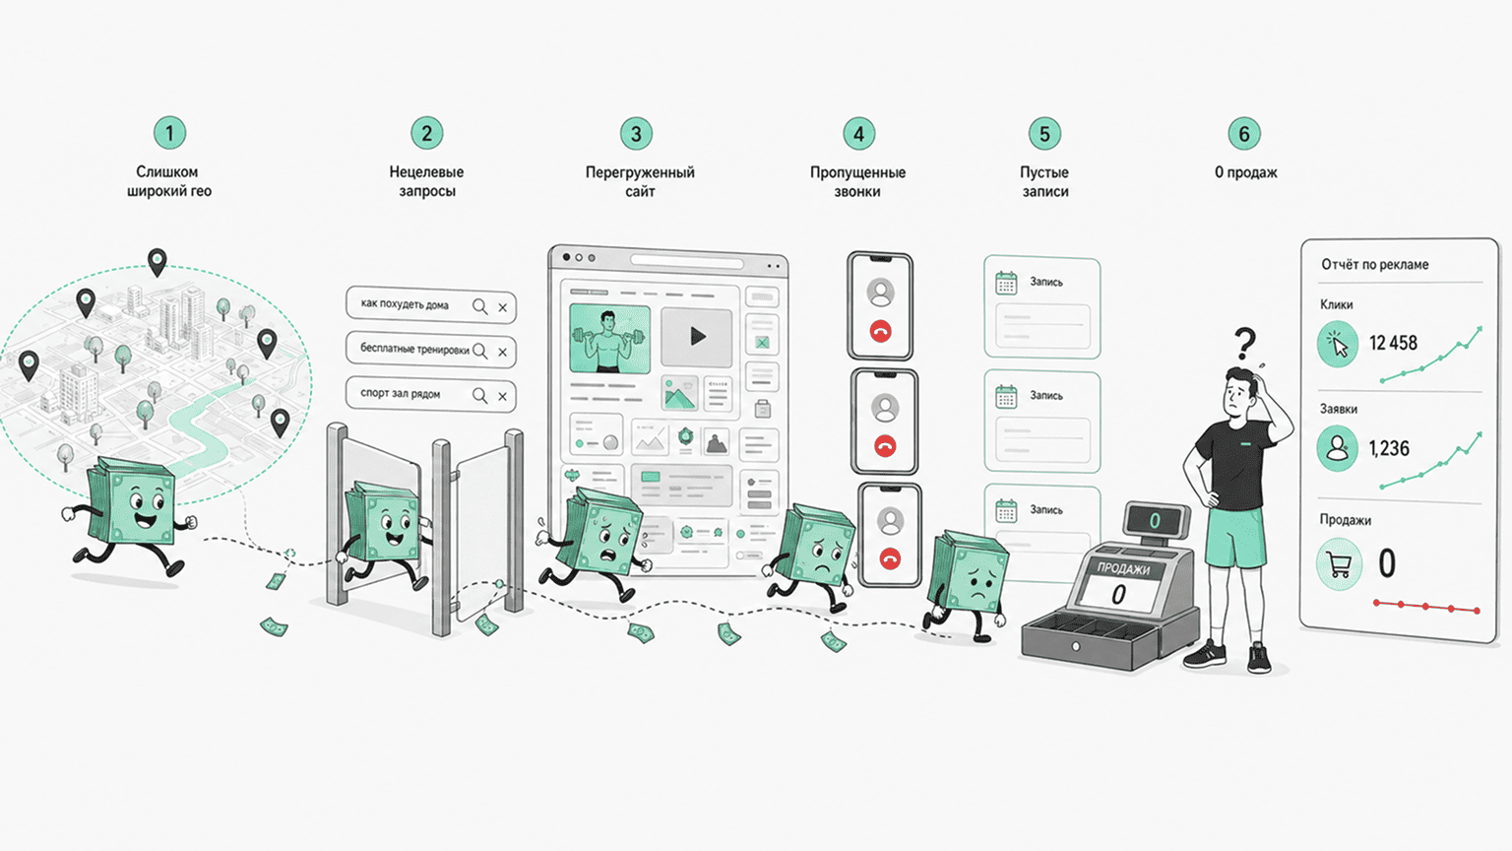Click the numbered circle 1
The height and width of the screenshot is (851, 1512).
pyautogui.click(x=169, y=133)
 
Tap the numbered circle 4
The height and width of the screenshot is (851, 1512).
pyautogui.click(x=858, y=134)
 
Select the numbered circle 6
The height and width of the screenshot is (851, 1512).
pyautogui.click(x=1244, y=134)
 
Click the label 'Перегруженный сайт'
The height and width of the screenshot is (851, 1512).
pyautogui.click(x=640, y=181)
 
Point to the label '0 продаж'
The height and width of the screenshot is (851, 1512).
pyautogui.click(x=1246, y=172)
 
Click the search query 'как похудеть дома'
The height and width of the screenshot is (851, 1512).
pyautogui.click(x=405, y=304)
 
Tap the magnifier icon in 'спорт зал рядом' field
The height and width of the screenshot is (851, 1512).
pyautogui.click(x=480, y=395)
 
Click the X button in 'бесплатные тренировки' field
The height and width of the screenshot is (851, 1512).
pyautogui.click(x=502, y=352)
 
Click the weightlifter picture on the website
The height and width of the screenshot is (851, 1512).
pyautogui.click(x=609, y=339)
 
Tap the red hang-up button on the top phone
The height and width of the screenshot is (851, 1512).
pyautogui.click(x=880, y=332)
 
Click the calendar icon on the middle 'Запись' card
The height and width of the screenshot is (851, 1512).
pyautogui.click(x=1006, y=397)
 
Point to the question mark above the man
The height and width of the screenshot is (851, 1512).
pyautogui.click(x=1244, y=344)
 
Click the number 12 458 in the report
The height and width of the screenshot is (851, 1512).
pyautogui.click(x=1393, y=343)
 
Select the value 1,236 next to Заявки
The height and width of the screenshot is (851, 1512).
pyautogui.click(x=1389, y=448)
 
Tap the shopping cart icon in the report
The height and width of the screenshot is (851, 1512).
pyautogui.click(x=1339, y=564)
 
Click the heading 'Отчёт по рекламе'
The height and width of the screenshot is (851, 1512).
pyautogui.click(x=1375, y=265)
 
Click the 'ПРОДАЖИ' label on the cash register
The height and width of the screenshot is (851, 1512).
pyautogui.click(x=1123, y=568)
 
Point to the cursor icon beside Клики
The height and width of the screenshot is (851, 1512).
pyautogui.click(x=1337, y=344)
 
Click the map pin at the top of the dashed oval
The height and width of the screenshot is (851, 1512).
pyautogui.click(x=157, y=262)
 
